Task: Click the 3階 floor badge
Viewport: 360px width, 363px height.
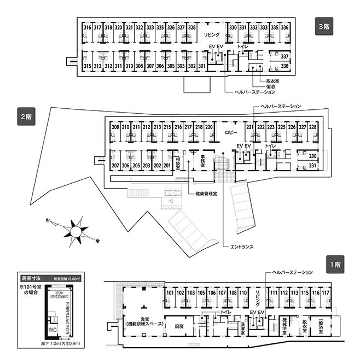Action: [x=323, y=26]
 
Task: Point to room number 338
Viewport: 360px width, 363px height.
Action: [x=284, y=67]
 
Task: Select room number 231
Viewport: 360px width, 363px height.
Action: [x=313, y=165]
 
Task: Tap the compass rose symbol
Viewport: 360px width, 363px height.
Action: [x=75, y=230]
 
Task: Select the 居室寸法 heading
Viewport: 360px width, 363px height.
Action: [x=27, y=278]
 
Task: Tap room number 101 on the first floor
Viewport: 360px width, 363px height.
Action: [x=170, y=292]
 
